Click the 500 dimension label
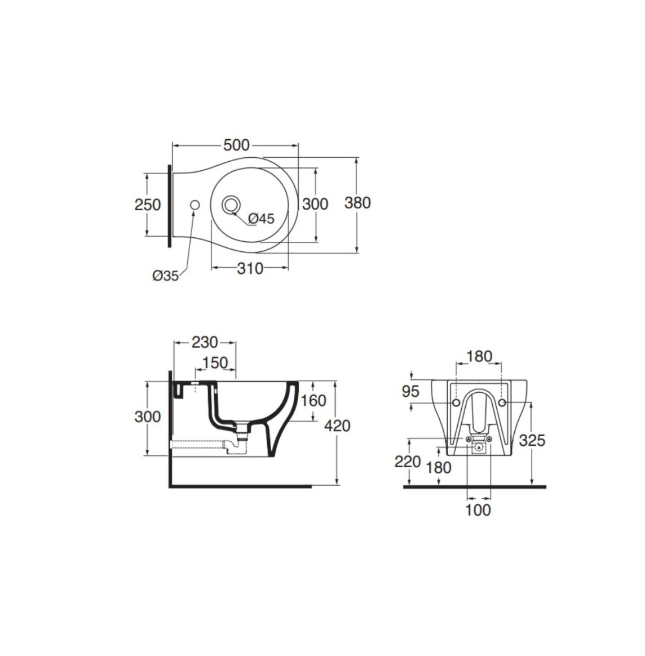[236, 145]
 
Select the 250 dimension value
[147, 205]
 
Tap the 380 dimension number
[357, 203]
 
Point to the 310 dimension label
[250, 268]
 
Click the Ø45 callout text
[261, 219]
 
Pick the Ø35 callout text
[165, 276]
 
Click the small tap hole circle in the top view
[195, 205]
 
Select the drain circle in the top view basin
[230, 205]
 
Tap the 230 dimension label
[205, 343]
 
